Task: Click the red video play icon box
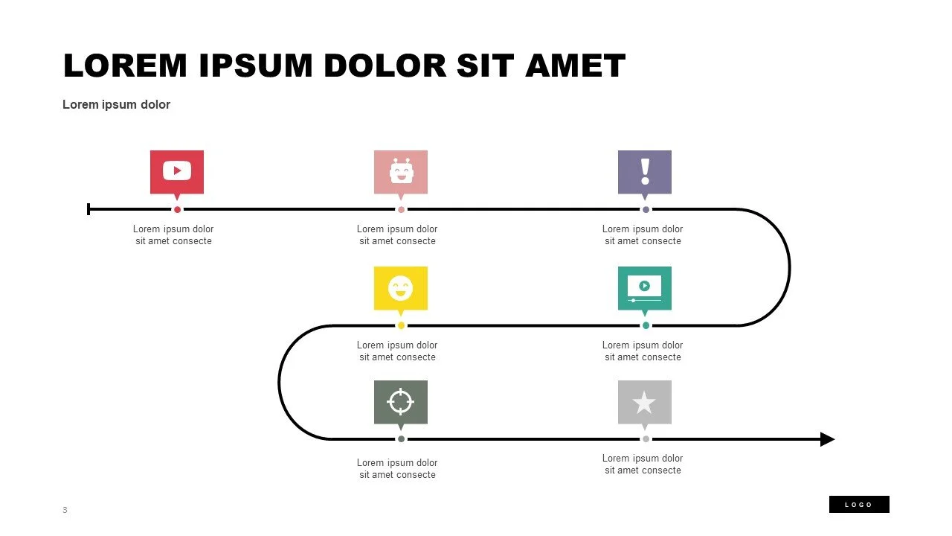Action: (x=177, y=171)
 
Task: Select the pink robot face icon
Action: (x=401, y=171)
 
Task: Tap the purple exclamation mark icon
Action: (x=645, y=171)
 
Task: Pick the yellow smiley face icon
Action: (x=401, y=287)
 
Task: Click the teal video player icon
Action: (x=645, y=287)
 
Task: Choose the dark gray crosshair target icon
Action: (x=401, y=402)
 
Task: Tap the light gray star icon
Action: (x=645, y=402)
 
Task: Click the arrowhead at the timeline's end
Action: (x=827, y=439)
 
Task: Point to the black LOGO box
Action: (x=859, y=505)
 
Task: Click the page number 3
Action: (x=65, y=510)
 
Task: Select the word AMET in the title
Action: (x=575, y=66)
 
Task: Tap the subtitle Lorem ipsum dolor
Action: (x=117, y=105)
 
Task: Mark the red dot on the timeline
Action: (x=177, y=209)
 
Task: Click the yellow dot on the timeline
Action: (x=401, y=325)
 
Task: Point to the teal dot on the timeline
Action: (x=646, y=325)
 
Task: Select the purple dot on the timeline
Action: (x=646, y=209)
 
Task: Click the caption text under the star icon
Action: (x=643, y=464)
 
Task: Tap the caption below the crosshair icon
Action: (x=397, y=468)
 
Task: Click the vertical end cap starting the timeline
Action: (x=89, y=209)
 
